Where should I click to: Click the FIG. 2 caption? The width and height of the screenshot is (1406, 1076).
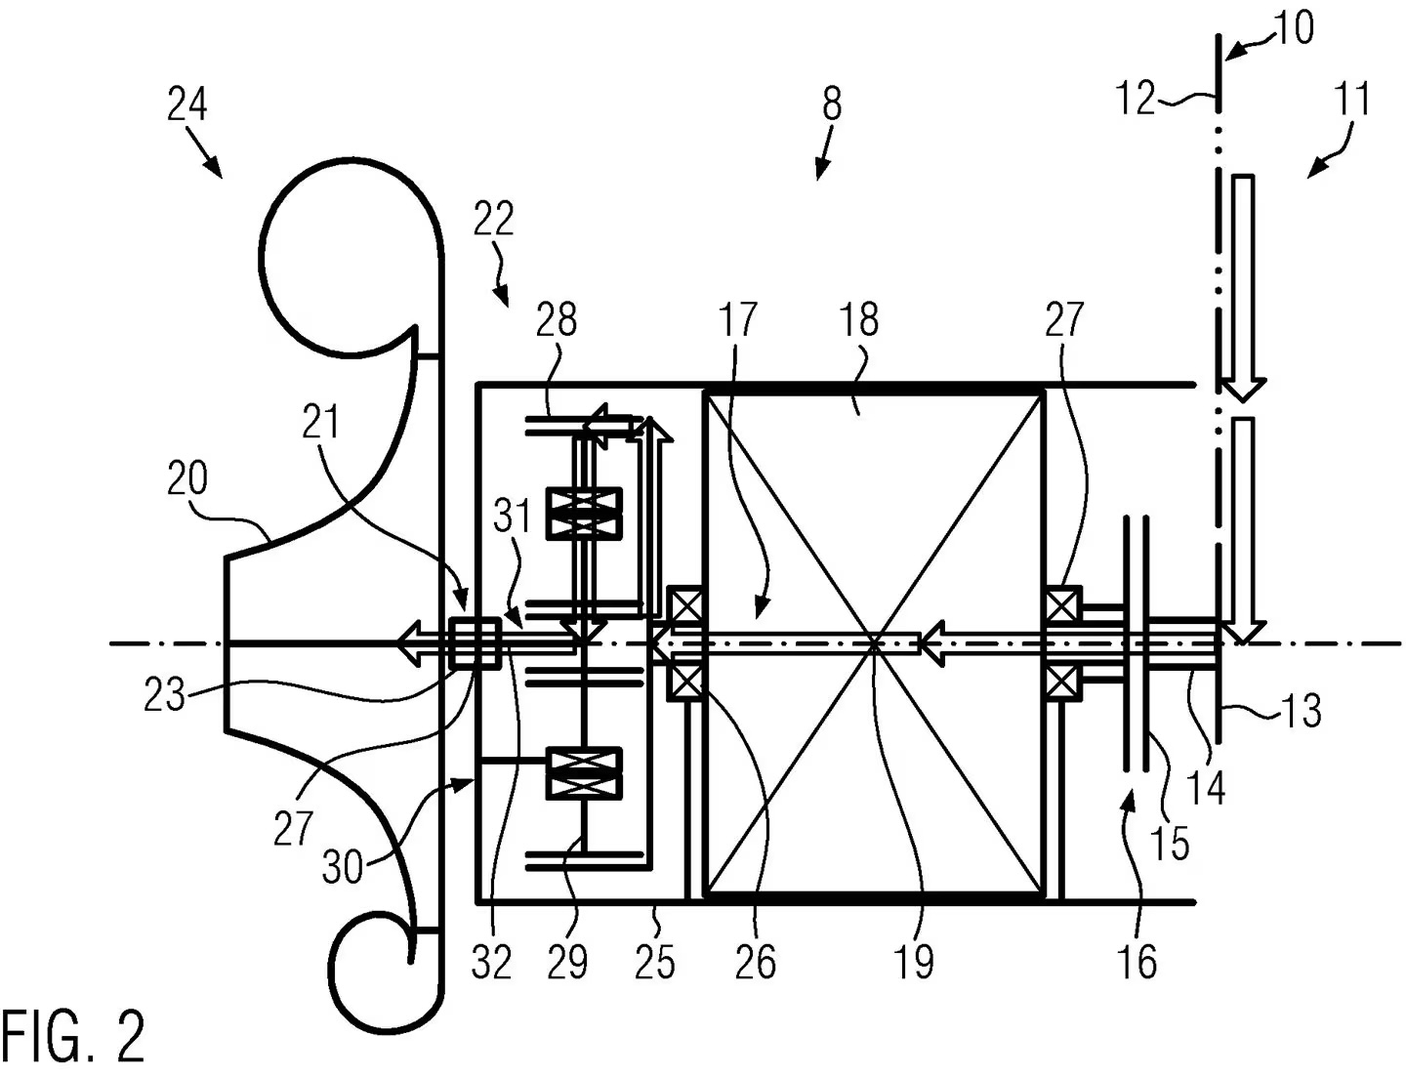pos(73,1037)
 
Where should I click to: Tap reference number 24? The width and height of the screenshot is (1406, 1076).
pos(186,104)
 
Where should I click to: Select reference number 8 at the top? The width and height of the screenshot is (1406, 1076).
pos(831,103)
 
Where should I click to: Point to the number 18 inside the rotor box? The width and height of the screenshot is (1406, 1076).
pos(859,320)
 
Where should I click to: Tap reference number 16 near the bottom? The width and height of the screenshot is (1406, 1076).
pos(1138,961)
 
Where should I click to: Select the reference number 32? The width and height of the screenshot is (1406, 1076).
pos(491,963)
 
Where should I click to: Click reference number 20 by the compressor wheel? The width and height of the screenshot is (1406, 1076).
pos(186,479)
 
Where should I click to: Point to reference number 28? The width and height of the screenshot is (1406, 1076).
pos(557,320)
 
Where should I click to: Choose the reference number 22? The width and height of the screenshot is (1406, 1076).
pos(493,221)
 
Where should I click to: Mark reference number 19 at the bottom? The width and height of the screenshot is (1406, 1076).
pos(914,962)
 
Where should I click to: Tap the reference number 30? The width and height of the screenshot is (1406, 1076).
pos(343,866)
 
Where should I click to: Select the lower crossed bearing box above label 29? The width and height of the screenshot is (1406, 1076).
pos(584,772)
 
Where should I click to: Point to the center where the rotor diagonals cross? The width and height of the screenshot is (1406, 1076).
pos(875,641)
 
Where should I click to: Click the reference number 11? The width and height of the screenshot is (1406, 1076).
pos(1350,102)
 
